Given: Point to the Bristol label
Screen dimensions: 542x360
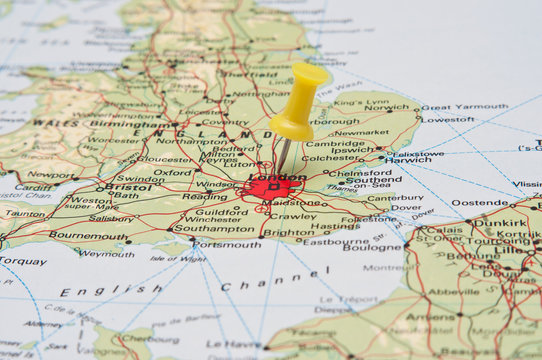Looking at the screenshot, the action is [128, 186].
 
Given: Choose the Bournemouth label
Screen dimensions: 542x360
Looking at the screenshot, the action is [88, 236].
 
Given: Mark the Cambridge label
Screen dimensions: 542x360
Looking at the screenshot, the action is [335, 144].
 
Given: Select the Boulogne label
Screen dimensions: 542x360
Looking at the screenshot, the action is [372, 247].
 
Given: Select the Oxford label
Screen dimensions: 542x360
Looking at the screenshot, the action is [172, 172].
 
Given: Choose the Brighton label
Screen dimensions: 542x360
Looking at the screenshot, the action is [288, 233].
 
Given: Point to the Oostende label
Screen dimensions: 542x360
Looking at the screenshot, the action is [480, 202].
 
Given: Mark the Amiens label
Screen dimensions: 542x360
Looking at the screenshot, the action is [431, 316].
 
